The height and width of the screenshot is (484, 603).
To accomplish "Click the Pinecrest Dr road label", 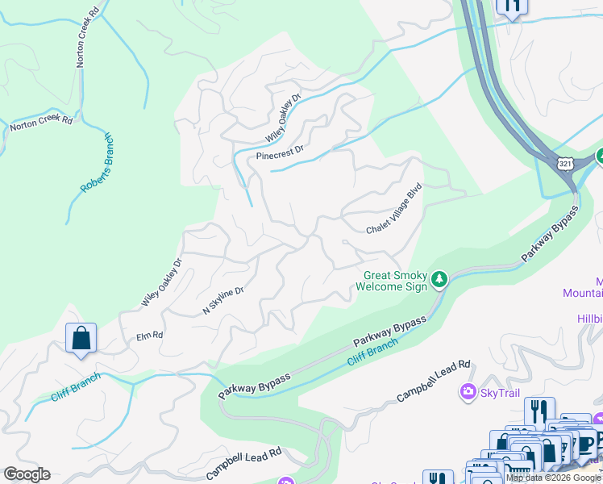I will point(280,152).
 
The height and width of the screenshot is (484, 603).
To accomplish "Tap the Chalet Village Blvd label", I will point(395,207).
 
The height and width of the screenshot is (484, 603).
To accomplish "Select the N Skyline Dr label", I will point(222,300).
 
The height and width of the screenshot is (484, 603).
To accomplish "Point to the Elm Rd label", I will point(150,335).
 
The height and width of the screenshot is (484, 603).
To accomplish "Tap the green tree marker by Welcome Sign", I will point(439,280).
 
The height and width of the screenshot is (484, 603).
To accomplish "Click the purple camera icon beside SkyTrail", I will point(468,392).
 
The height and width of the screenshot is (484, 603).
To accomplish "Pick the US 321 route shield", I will point(564,163).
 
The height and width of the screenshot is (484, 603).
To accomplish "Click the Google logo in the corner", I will point(27,474).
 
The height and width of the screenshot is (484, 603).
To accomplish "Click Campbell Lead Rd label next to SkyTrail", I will point(434,382).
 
